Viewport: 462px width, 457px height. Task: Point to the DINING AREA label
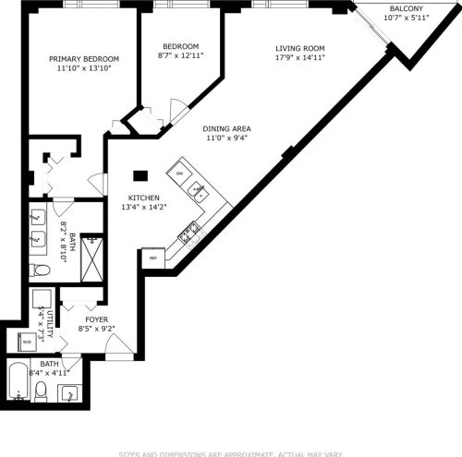pos(227,129)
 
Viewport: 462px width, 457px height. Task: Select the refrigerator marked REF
pos(152,259)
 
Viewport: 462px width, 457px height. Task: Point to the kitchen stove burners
pos(190,232)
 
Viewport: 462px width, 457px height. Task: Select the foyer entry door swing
pos(118,345)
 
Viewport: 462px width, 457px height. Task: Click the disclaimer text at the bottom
pos(231,452)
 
